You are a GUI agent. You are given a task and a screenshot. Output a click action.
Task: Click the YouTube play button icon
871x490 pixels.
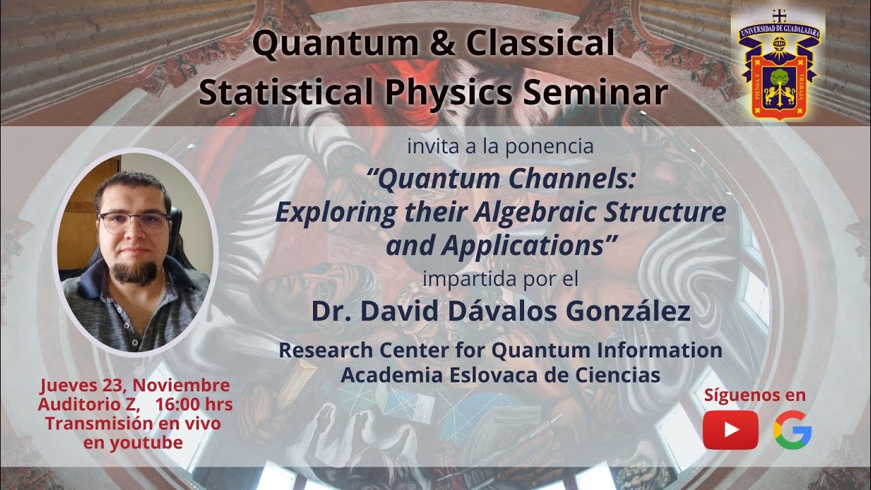[x=730, y=430]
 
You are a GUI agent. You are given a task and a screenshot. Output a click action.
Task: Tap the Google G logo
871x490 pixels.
[x=792, y=431]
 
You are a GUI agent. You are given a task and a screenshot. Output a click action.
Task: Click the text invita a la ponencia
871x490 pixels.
[x=500, y=146]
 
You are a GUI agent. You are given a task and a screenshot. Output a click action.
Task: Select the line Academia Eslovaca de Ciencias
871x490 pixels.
[x=500, y=375]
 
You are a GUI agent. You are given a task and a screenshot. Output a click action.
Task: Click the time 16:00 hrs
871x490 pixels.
[x=194, y=404]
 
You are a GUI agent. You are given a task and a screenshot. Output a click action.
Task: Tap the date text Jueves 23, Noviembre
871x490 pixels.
[x=135, y=385]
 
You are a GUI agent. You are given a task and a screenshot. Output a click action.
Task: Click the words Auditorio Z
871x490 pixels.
[x=88, y=404]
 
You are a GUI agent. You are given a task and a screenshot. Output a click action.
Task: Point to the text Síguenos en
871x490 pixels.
[x=755, y=395]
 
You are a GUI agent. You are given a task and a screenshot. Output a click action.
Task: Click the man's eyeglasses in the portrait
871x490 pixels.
[x=134, y=222]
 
